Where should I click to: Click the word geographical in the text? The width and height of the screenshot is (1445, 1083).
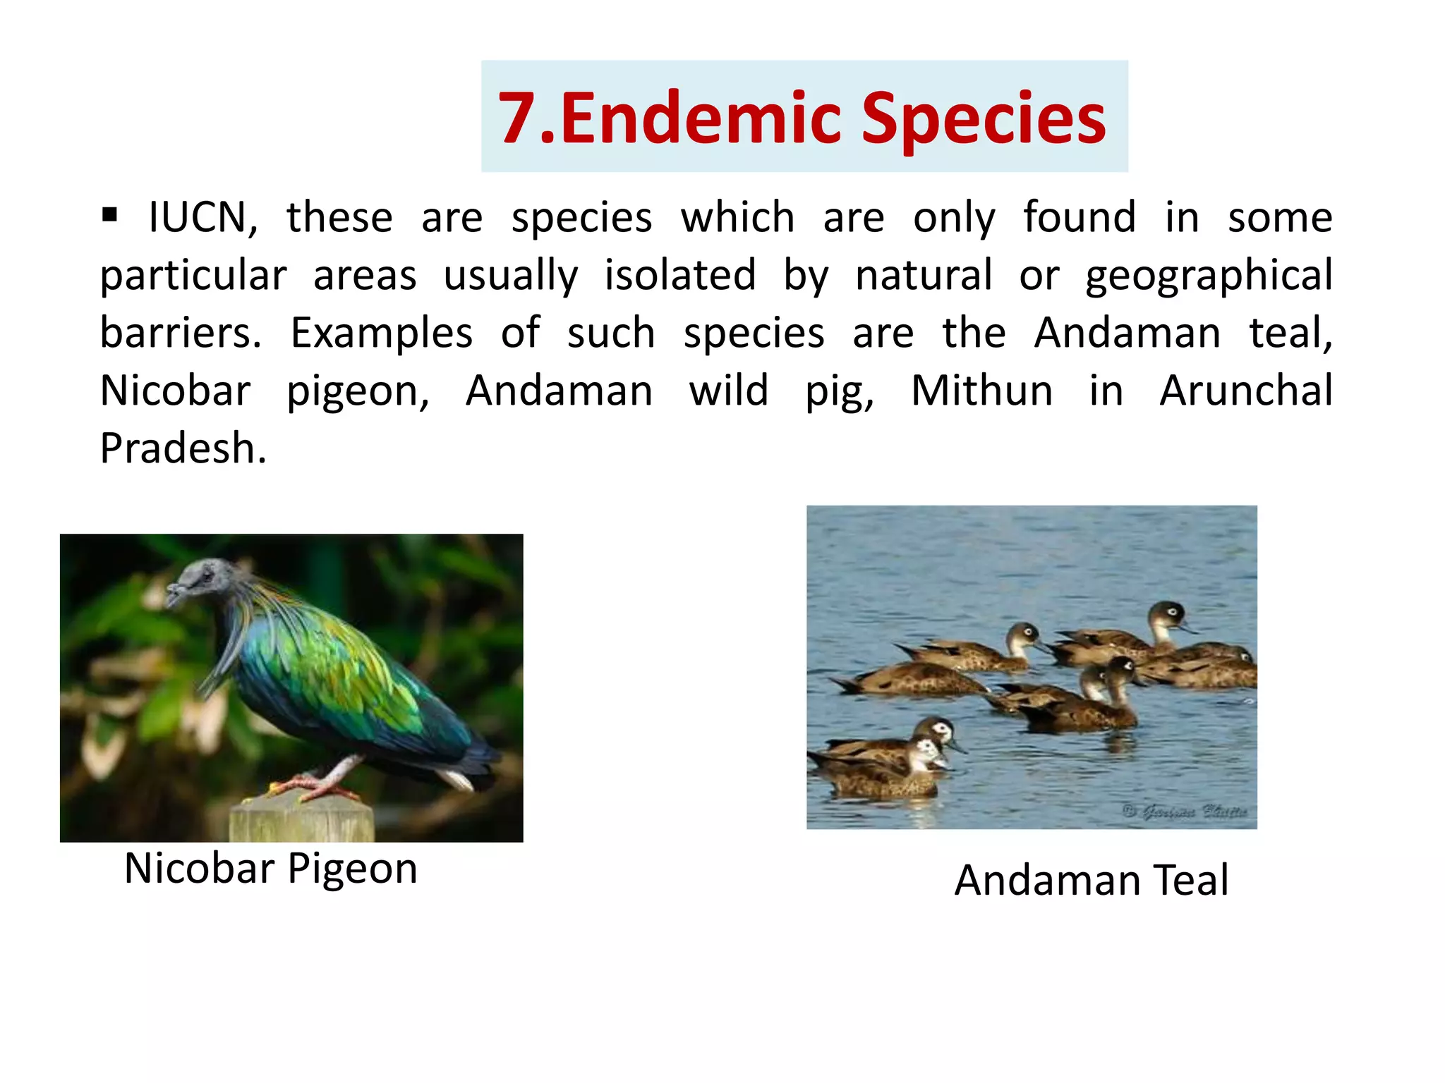tap(1209, 276)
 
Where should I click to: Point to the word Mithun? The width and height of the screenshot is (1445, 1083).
tap(981, 391)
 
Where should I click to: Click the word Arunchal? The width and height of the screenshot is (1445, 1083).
tap(1246, 391)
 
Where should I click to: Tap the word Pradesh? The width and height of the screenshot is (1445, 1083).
tap(183, 448)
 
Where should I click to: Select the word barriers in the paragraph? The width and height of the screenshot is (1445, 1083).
tap(180, 333)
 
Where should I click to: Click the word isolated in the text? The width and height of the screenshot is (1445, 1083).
tap(680, 275)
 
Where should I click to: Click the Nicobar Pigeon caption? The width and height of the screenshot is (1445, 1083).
tap(271, 869)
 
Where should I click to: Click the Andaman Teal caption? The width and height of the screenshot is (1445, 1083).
tap(1092, 881)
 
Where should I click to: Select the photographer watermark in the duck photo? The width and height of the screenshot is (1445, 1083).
tap(1185, 812)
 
